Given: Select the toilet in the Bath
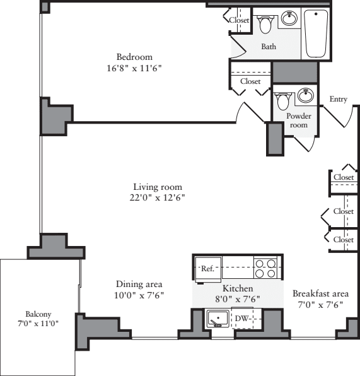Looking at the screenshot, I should pyautogui.click(x=265, y=24).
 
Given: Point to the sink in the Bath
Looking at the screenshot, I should pyautogui.click(x=289, y=19).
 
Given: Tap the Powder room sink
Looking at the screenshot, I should pyautogui.click(x=306, y=96).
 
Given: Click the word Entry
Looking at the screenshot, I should pyautogui.click(x=339, y=99).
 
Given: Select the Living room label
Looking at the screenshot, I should pyautogui.click(x=157, y=187).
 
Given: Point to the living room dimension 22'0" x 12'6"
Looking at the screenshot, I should pyautogui.click(x=157, y=197).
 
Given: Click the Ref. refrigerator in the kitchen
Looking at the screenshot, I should pyautogui.click(x=207, y=268).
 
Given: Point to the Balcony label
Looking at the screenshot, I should pyautogui.click(x=38, y=314).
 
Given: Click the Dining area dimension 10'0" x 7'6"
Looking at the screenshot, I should pyautogui.click(x=139, y=295).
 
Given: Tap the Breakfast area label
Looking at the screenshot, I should pyautogui.click(x=320, y=293).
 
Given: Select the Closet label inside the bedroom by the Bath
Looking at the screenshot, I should pyautogui.click(x=239, y=20).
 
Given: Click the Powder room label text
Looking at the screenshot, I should pyautogui.click(x=299, y=120).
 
